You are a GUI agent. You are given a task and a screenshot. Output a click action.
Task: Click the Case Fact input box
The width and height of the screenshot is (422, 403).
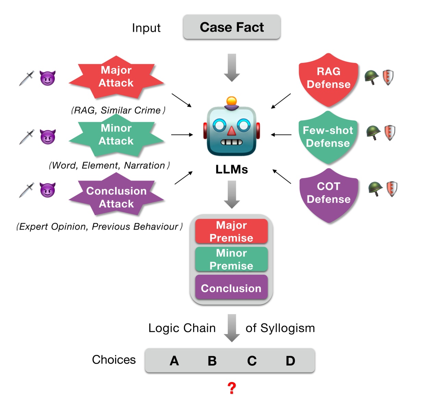coord(232,27)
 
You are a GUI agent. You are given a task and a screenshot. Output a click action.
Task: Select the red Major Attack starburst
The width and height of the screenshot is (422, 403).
coord(116,77)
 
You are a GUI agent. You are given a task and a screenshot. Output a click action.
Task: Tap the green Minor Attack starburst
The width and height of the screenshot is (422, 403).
coord(116,135)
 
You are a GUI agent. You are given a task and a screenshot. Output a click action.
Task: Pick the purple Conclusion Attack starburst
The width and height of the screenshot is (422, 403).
coord(116,197)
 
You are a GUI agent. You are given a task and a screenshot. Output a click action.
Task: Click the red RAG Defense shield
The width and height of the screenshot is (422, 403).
coord(328,78)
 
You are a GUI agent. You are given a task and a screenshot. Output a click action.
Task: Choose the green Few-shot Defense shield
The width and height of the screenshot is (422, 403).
coord(328,137)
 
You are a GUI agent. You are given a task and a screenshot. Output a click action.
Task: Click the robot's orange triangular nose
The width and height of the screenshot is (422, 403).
coord(232,131)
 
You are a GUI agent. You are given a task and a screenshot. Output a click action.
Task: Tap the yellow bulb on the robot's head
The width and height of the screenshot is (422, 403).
coord(232,101)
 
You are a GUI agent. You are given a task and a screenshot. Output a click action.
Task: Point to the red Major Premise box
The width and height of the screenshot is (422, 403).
coord(231,231)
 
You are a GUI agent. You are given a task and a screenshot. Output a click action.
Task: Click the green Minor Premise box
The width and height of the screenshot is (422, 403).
coord(231,259)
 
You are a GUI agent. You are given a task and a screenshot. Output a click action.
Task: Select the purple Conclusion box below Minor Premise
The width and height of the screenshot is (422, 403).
coord(231,288)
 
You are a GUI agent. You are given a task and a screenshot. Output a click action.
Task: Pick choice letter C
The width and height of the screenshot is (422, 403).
coord(252,361)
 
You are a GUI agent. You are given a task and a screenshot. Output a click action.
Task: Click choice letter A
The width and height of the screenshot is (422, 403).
coord(174,361)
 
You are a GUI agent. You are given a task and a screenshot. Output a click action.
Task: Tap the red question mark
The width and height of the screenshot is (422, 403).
coord(232,388)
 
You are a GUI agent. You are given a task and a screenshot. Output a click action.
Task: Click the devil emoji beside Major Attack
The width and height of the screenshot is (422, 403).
coord(47,78)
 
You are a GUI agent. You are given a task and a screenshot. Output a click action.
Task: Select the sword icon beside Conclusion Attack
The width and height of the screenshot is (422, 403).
coord(27,190)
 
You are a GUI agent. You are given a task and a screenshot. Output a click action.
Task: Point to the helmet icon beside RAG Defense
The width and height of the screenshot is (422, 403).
coord(371,77)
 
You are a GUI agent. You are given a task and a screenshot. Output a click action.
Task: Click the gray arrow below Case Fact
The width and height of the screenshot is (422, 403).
coord(232,67)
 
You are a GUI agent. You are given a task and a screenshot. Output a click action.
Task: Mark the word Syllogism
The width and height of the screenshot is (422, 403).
coord(287,328)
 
